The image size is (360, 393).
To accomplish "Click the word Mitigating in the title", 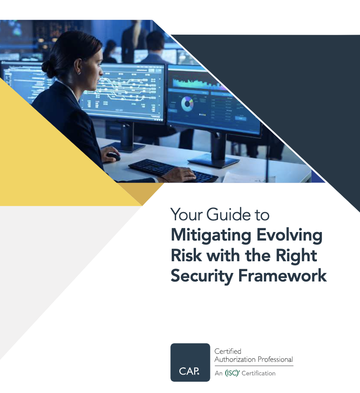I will pyautogui.click(x=207, y=236).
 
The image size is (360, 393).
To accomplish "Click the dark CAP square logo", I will pyautogui.click(x=190, y=362).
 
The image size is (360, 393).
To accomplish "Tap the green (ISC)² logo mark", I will pyautogui.click(x=232, y=373).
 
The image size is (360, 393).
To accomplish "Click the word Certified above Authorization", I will pyautogui.click(x=228, y=351).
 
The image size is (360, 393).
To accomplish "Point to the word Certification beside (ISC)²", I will pyautogui.click(x=258, y=373).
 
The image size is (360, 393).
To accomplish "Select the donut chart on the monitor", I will pyautogui.click(x=187, y=105).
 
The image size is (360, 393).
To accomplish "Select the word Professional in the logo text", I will pyautogui.click(x=273, y=359).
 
